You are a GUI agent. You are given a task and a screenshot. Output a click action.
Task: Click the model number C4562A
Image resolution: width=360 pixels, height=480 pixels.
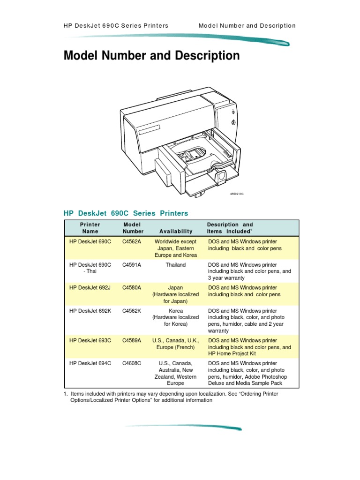(132, 241)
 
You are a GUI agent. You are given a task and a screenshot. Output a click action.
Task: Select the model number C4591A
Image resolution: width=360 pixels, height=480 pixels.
(132, 265)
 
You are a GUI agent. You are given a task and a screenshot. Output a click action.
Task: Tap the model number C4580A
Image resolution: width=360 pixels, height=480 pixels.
(132, 288)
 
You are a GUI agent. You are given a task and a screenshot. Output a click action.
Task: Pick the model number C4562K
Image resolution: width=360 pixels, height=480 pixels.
(132, 311)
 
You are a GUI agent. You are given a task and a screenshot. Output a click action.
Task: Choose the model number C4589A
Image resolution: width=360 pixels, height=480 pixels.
(132, 340)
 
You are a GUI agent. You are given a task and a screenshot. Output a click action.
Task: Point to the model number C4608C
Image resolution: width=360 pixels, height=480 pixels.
(132, 363)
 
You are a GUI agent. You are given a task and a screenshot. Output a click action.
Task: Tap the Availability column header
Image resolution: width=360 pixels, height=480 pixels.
(176, 231)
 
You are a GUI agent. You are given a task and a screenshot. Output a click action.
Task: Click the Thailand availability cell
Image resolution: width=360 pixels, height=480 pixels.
(176, 265)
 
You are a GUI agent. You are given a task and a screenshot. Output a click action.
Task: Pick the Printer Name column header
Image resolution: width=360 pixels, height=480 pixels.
(90, 228)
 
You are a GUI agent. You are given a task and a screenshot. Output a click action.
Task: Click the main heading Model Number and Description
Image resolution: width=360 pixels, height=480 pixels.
(151, 56)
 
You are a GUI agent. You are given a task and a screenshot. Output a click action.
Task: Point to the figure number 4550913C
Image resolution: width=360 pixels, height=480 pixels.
(237, 194)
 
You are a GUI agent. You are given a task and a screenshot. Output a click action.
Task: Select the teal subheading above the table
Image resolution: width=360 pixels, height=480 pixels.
(126, 213)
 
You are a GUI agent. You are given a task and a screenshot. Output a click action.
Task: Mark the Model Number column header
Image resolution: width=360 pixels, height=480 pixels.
(133, 228)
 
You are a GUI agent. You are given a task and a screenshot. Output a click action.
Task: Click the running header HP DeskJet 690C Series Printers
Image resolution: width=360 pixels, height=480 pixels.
(116, 26)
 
